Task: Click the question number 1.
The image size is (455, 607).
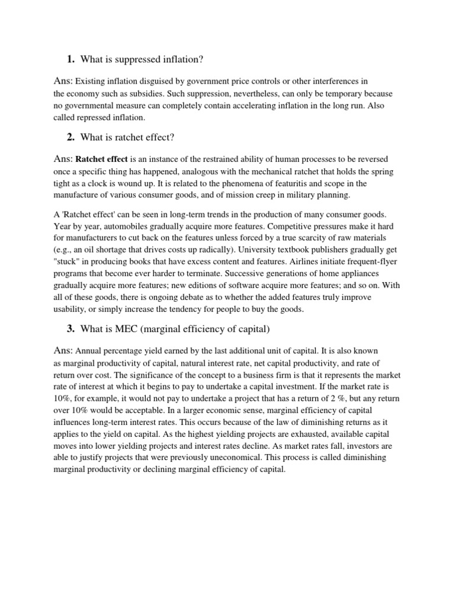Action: pyautogui.click(x=71, y=59)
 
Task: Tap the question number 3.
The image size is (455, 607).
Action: pyautogui.click(x=71, y=329)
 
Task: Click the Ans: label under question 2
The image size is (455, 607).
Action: pyautogui.click(x=63, y=159)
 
